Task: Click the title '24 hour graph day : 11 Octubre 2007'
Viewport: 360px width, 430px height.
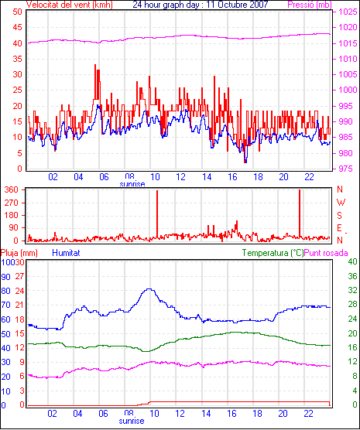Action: pos(201,5)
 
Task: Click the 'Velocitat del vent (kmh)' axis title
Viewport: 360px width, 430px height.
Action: pos(70,5)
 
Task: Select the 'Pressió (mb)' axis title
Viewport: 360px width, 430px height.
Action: pos(310,5)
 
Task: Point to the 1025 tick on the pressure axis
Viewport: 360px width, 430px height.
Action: pos(348,12)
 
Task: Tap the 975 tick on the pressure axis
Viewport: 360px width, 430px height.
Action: pos(348,169)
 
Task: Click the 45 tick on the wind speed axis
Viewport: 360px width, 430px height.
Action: pos(17,27)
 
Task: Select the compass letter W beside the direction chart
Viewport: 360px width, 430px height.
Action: pos(341,203)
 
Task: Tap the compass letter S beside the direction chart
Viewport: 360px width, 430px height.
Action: pos(340,216)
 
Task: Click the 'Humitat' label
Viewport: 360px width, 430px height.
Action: pos(66,253)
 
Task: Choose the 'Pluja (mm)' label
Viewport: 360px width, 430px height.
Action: pos(19,253)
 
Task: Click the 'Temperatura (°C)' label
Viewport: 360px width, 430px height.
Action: pos(273,253)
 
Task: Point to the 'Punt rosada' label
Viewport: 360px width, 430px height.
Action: pos(326,253)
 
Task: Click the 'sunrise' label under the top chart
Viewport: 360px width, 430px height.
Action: pos(132,184)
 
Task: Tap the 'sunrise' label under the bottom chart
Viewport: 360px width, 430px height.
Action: pos(132,421)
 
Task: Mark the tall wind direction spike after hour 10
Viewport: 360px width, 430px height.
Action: pos(157,213)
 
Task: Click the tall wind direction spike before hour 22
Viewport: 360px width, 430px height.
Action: pos(300,213)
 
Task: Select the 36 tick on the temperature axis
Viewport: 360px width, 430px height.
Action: pos(352,276)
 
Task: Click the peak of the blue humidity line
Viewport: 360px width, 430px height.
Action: pos(149,288)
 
